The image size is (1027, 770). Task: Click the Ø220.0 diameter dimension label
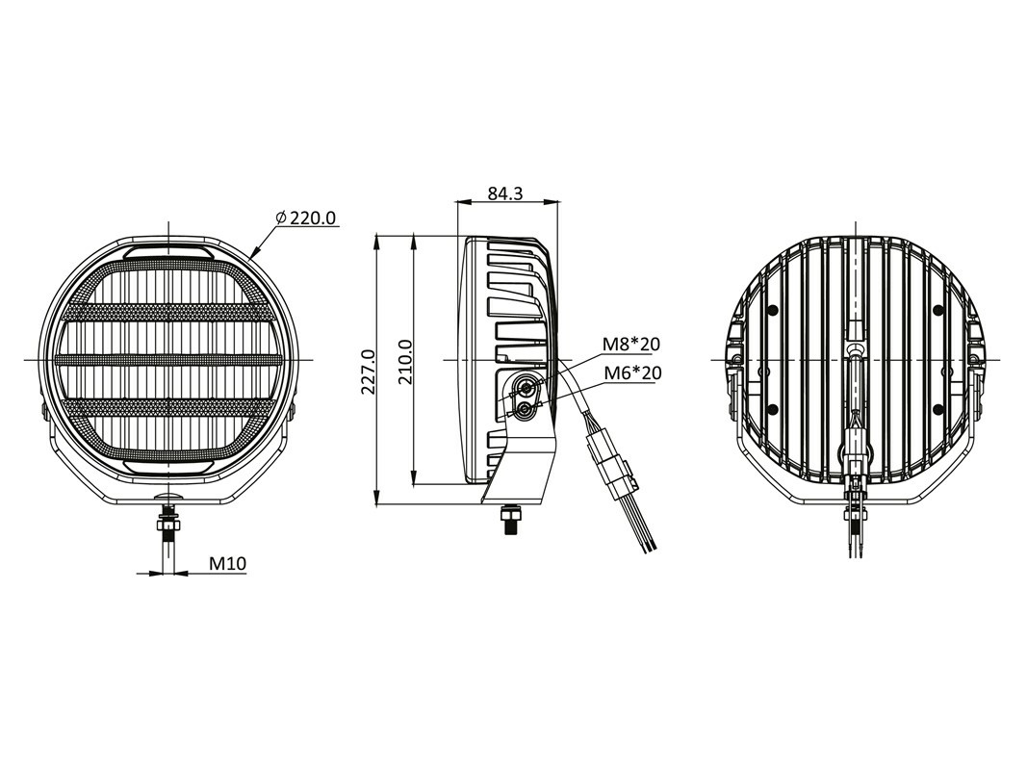[x=306, y=218]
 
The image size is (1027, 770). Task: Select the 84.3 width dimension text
[x=504, y=192]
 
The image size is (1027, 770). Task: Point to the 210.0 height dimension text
[x=405, y=362]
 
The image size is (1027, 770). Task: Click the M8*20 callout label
[x=631, y=344]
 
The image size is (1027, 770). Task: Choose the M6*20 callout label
[x=631, y=372]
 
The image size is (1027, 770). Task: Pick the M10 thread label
[x=228, y=563]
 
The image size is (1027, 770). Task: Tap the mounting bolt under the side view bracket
[x=509, y=520]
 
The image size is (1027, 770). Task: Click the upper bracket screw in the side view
[x=526, y=388]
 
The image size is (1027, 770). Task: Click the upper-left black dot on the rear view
[x=773, y=309]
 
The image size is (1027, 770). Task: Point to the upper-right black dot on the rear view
[x=938, y=309]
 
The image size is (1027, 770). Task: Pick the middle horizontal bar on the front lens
[x=168, y=359]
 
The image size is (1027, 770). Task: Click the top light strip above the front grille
[x=168, y=251]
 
